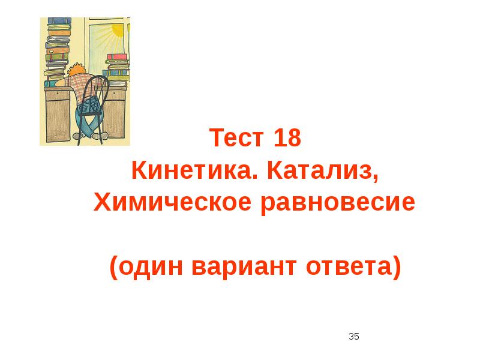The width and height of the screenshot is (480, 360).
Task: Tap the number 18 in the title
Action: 286,139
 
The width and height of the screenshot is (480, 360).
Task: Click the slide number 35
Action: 354,337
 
